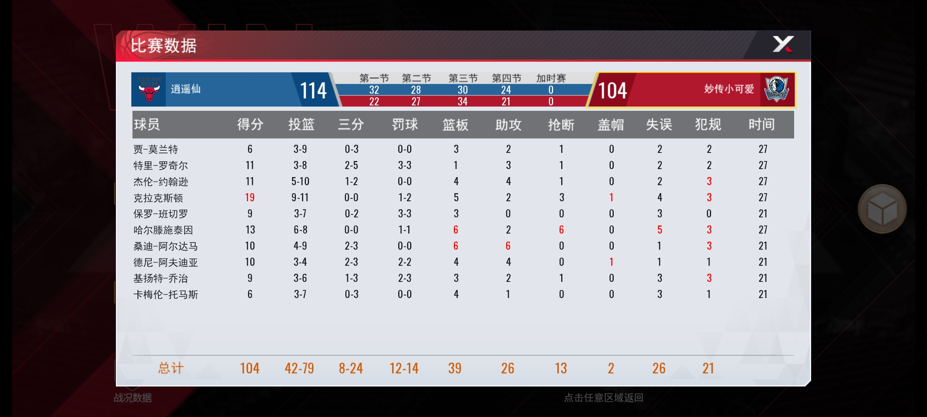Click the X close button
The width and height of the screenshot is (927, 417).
pos(783,44)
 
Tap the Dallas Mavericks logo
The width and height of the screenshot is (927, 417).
pos(777,89)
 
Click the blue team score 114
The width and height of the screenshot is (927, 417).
pos(313,91)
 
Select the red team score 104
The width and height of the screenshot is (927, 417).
pos(613,91)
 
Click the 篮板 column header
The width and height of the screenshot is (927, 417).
pos(455,125)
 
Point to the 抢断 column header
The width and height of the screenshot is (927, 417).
pos(561,125)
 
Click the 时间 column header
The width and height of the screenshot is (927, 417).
pos(761,124)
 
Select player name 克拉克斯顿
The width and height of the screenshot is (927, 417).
pos(158,198)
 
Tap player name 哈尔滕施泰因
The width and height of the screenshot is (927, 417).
pos(163,230)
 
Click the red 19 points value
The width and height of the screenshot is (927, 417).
pos(250,198)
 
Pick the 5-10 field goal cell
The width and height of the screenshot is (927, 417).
pos(300,181)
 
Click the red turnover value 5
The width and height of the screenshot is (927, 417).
pos(660,230)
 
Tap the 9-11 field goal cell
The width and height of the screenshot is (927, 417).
pos(300,198)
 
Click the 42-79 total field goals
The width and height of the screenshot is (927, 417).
pos(299,368)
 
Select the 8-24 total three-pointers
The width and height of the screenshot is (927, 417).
pos(351,368)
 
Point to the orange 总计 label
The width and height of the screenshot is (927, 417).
pos(171,368)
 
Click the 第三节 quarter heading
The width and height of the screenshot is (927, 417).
pos(463,78)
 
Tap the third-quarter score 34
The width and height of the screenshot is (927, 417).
pos(463,102)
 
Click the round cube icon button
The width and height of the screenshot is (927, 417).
pos(882,209)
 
